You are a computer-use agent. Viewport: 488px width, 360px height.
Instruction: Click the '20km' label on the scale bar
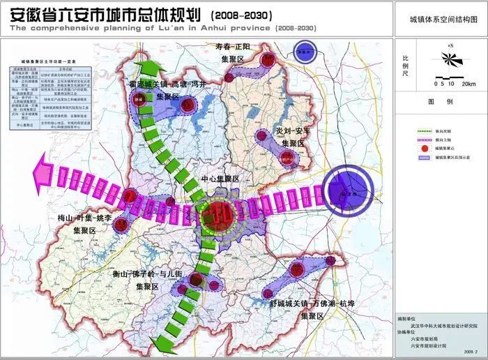[x=468, y=84]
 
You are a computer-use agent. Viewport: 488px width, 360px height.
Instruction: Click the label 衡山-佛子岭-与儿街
[x=148, y=275]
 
